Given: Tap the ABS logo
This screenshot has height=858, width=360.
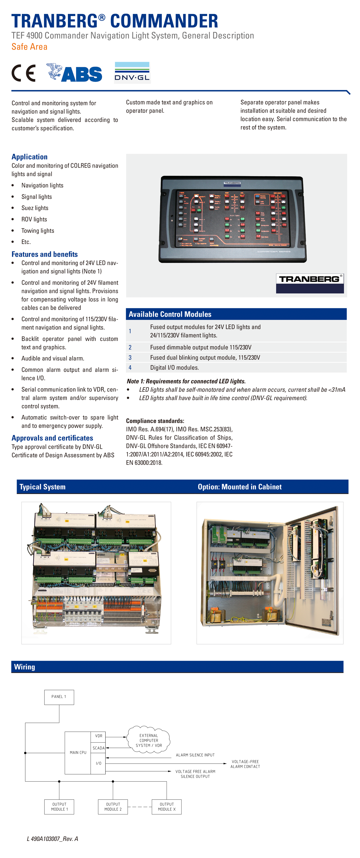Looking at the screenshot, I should click(74, 73).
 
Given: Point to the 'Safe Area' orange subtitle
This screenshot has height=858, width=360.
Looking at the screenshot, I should click(29, 47).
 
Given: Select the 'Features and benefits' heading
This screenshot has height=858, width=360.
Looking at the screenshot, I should click(45, 254).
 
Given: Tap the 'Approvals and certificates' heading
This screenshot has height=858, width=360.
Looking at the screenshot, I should click(52, 438).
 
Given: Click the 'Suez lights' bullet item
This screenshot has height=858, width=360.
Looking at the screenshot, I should click(35, 208).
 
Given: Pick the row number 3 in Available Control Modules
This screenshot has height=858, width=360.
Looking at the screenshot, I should click(130, 357).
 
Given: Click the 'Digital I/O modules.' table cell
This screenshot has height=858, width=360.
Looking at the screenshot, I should click(175, 367).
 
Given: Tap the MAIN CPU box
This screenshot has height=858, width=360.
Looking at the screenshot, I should click(78, 752).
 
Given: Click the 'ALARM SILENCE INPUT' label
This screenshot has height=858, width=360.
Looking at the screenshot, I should click(195, 755).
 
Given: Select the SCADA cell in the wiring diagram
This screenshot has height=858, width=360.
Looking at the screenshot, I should click(99, 748).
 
